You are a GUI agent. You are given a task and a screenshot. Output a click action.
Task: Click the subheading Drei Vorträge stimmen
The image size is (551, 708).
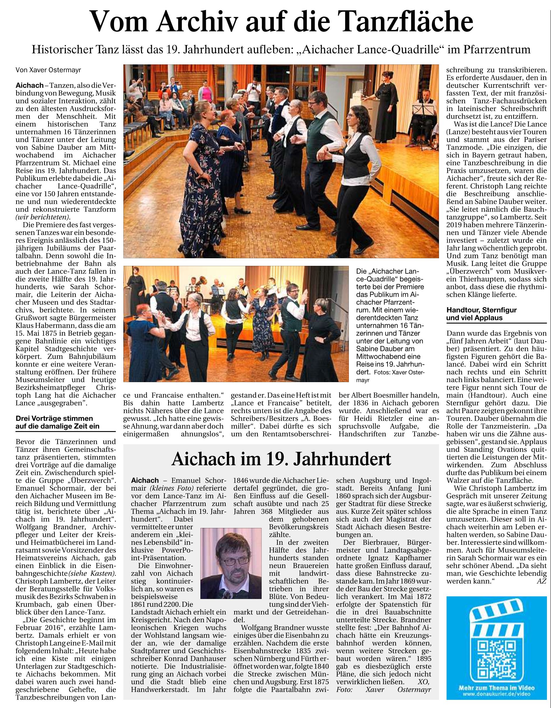[54, 418]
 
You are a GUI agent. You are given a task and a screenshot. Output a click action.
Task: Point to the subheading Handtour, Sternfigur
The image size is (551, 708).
[482, 310]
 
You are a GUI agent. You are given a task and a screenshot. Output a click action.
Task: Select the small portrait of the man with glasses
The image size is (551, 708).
[231, 563]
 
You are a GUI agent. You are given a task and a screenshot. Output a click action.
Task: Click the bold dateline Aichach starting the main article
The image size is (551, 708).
[29, 86]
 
